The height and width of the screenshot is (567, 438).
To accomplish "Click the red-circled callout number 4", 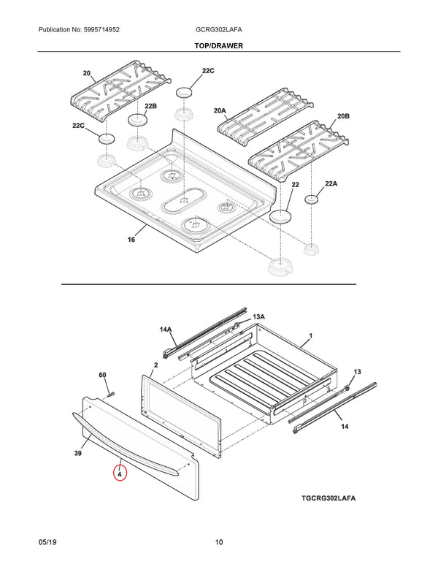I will [120, 473].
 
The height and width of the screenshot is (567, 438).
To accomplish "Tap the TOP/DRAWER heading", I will [218, 45].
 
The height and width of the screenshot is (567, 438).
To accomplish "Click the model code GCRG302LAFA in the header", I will [218, 29].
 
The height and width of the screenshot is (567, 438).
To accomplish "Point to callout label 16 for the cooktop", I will [131, 240].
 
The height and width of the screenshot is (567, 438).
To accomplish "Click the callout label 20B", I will [343, 117].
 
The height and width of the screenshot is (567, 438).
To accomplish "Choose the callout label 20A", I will [220, 110].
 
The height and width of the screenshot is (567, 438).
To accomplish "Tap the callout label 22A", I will [331, 183].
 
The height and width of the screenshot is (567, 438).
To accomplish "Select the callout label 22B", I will [150, 107].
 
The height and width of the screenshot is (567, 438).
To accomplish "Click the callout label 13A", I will [258, 317].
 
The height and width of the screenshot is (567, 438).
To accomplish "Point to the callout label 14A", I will [166, 330].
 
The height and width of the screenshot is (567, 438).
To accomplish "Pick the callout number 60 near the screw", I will [103, 376].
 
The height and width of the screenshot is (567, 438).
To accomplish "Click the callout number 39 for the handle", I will [78, 454].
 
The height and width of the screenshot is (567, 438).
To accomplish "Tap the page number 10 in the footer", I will [219, 542].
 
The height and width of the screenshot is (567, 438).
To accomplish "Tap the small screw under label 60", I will [110, 394].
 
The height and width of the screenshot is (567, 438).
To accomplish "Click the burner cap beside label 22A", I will [312, 199].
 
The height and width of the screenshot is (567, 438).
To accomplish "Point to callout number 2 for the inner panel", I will [156, 364].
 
